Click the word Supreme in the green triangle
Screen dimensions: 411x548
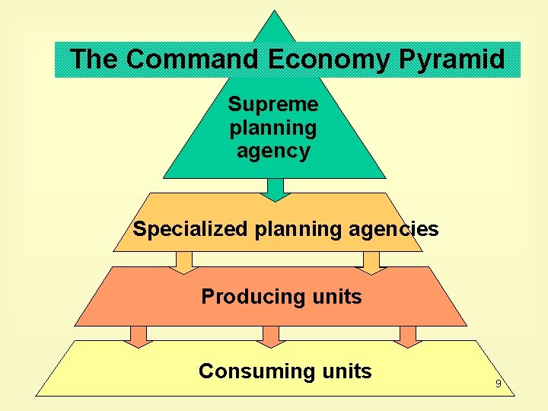click(273, 103)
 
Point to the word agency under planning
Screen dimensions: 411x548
click(273, 151)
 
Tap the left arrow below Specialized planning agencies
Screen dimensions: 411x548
click(183, 262)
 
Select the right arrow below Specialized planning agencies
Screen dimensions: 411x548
click(371, 262)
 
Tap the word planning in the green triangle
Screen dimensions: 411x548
click(273, 127)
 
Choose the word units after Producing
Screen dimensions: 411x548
click(337, 297)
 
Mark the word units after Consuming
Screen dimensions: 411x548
click(346, 371)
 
